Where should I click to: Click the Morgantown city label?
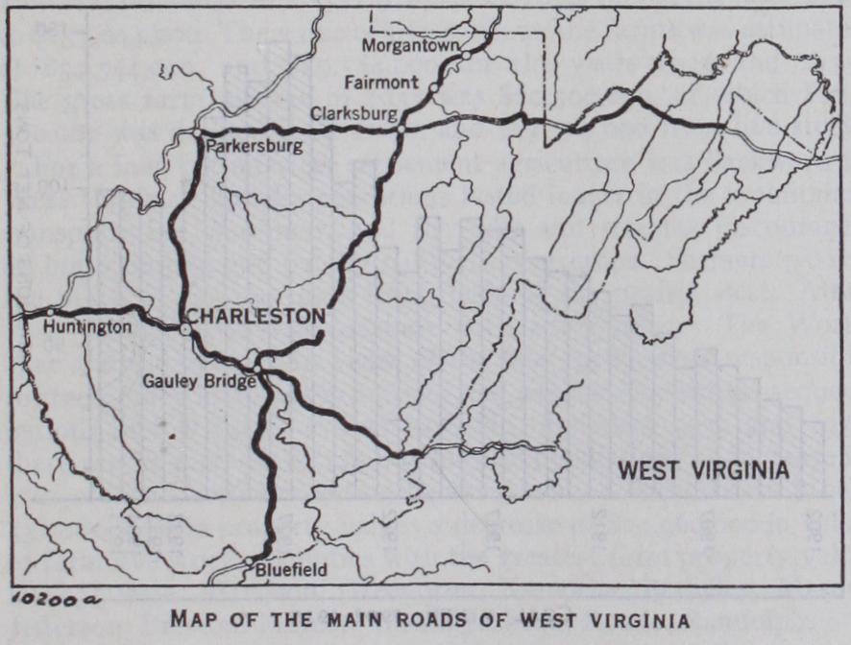point(411,45)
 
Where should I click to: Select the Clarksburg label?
point(353,113)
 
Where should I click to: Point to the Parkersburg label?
point(253,146)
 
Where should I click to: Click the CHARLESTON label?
point(255,316)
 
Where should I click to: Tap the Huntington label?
point(87,327)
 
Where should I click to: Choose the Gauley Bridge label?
point(199,381)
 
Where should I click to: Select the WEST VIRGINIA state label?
point(703,470)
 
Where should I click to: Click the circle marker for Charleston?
point(185,329)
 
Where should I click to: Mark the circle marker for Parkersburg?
point(196,131)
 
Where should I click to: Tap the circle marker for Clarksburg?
point(401,127)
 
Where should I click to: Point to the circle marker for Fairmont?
point(434,86)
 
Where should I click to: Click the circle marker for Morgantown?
point(466,55)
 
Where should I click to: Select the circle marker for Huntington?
point(50,312)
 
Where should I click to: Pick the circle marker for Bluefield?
point(248,561)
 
